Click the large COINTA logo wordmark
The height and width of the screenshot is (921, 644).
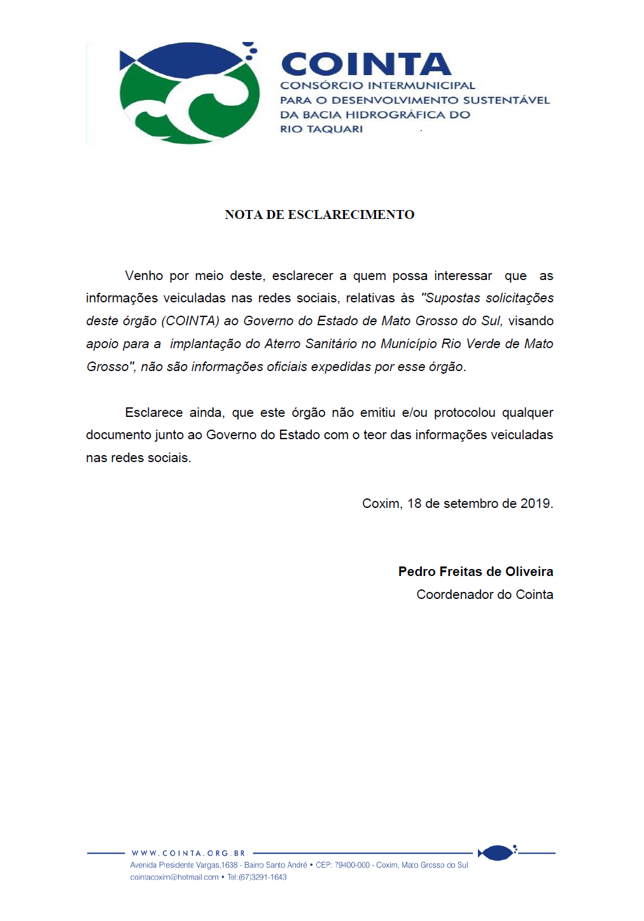click(x=366, y=64)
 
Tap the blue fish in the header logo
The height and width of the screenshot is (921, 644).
click(x=185, y=61)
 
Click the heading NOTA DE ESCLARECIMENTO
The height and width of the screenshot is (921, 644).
click(x=319, y=214)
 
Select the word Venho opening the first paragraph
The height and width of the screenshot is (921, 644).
click(x=144, y=276)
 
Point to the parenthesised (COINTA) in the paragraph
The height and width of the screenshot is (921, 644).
click(x=190, y=321)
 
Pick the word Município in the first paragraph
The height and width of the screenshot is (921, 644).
click(x=409, y=344)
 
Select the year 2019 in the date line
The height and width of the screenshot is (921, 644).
click(x=536, y=503)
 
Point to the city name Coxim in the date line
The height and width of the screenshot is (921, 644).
click(x=381, y=503)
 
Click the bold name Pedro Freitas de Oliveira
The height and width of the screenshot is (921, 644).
click(x=475, y=572)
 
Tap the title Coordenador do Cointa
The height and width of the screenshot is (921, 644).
click(x=485, y=594)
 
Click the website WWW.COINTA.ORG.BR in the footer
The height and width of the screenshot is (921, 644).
click(x=188, y=853)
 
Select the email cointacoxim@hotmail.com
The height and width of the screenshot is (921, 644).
click(x=174, y=877)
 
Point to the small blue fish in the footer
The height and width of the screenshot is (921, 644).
click(x=496, y=852)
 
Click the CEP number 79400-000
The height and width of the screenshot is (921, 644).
click(x=353, y=865)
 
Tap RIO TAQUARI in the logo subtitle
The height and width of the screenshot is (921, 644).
click(x=321, y=129)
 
